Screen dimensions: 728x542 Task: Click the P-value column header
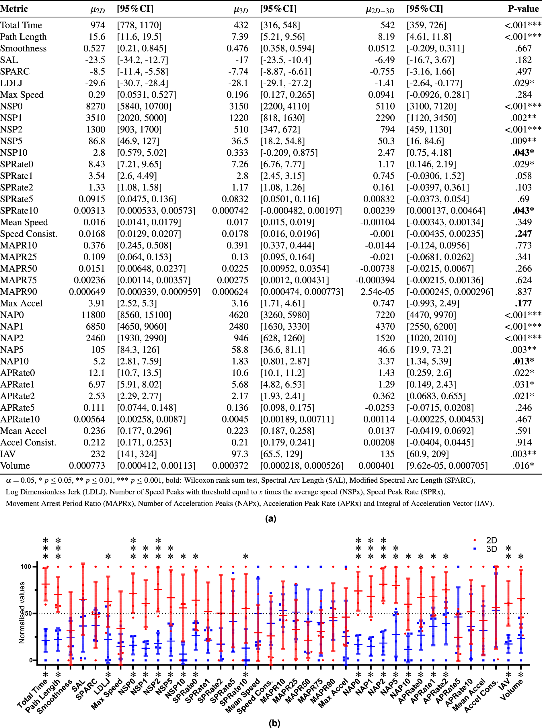pyautogui.click(x=523, y=9)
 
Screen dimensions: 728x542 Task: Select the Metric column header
pyautogui.click(x=14, y=9)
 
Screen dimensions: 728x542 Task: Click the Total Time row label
pyautogui.click(x=21, y=25)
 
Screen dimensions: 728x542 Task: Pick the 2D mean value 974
pyautogui.click(x=98, y=25)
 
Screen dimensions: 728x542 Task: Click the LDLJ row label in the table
pyautogui.click(x=11, y=83)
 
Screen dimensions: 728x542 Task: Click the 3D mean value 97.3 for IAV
pyautogui.click(x=240, y=454)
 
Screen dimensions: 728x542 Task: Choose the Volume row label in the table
pyautogui.click(x=15, y=466)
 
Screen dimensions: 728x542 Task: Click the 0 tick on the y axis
pyautogui.click(x=31, y=660)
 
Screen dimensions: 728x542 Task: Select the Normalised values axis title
pyautogui.click(x=22, y=612)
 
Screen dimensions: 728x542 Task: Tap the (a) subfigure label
pyautogui.click(x=271, y=518)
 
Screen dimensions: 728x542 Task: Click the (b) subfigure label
pyautogui.click(x=274, y=723)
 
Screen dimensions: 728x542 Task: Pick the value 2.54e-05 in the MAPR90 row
pyautogui.click(x=378, y=292)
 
